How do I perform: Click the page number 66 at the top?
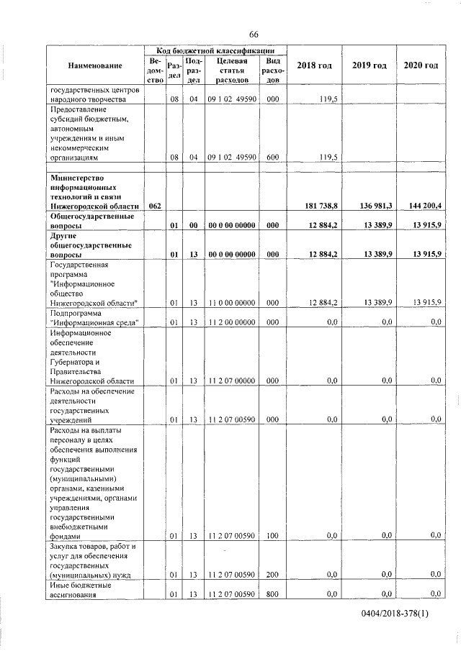click(254, 35)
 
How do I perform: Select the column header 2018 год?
click(314, 66)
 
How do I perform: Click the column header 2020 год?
click(421, 66)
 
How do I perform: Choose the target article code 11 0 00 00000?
click(230, 303)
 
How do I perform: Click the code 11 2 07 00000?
click(230, 380)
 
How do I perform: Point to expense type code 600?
click(272, 156)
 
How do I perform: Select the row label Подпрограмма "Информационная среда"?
click(94, 318)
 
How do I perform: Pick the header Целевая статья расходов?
click(230, 71)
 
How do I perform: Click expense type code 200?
click(272, 573)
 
